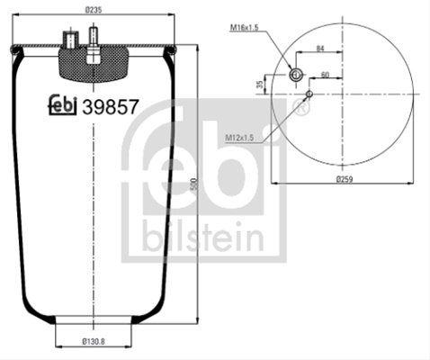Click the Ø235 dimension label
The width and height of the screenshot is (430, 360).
click(94, 10)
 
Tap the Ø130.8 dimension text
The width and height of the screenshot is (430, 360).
click(94, 341)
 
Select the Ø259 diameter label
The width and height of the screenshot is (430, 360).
click(345, 179)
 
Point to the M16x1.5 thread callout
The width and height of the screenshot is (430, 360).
click(244, 28)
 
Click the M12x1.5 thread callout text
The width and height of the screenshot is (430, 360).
click(239, 138)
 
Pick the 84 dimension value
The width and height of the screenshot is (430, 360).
click(320, 49)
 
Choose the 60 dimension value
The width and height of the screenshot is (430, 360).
click(325, 75)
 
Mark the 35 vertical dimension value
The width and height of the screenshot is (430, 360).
click(261, 85)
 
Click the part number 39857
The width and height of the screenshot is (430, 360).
click(111, 107)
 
